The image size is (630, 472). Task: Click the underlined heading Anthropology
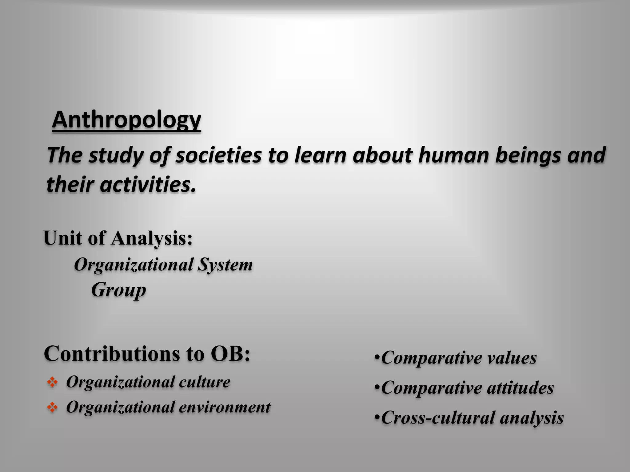(126, 120)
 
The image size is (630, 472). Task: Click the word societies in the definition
(218, 155)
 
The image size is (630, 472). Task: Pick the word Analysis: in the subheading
(152, 238)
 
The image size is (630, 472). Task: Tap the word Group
(118, 290)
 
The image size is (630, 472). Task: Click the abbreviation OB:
(230, 354)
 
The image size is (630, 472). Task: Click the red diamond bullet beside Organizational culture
(52, 383)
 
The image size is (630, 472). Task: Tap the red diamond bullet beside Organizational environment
(52, 408)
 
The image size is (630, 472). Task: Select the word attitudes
(520, 388)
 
